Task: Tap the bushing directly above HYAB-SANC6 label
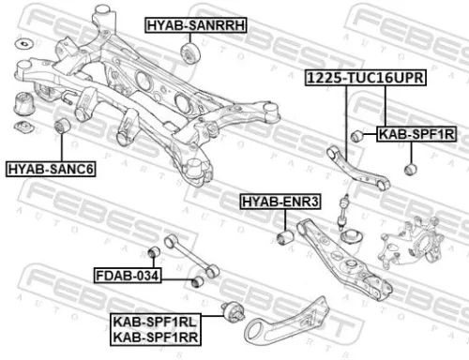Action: coord(63,126)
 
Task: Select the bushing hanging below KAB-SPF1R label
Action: coord(409,169)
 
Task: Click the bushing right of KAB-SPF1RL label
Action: coord(234,312)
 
